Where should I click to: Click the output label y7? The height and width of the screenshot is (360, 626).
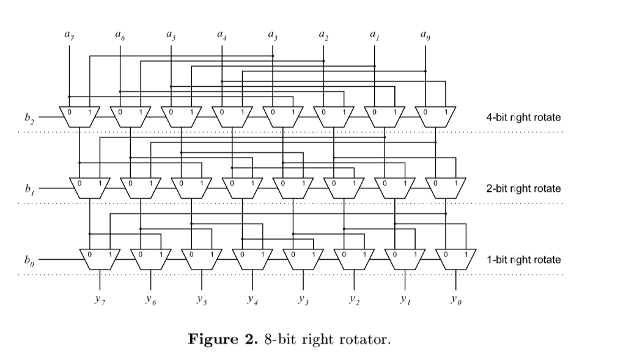[100, 300]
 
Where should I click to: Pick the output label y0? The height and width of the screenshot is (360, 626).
[454, 300]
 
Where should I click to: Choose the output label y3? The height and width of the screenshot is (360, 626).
[302, 300]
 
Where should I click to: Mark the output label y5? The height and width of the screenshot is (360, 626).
[201, 300]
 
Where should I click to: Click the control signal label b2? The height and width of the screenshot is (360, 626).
[29, 117]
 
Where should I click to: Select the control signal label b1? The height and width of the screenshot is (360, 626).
[29, 189]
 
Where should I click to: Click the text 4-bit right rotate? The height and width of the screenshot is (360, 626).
[523, 117]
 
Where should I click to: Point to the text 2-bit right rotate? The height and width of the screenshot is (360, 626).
[523, 188]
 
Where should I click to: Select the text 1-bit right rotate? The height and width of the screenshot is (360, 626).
[523, 259]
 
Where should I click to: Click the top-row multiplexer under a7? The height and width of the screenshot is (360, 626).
[79, 116]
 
